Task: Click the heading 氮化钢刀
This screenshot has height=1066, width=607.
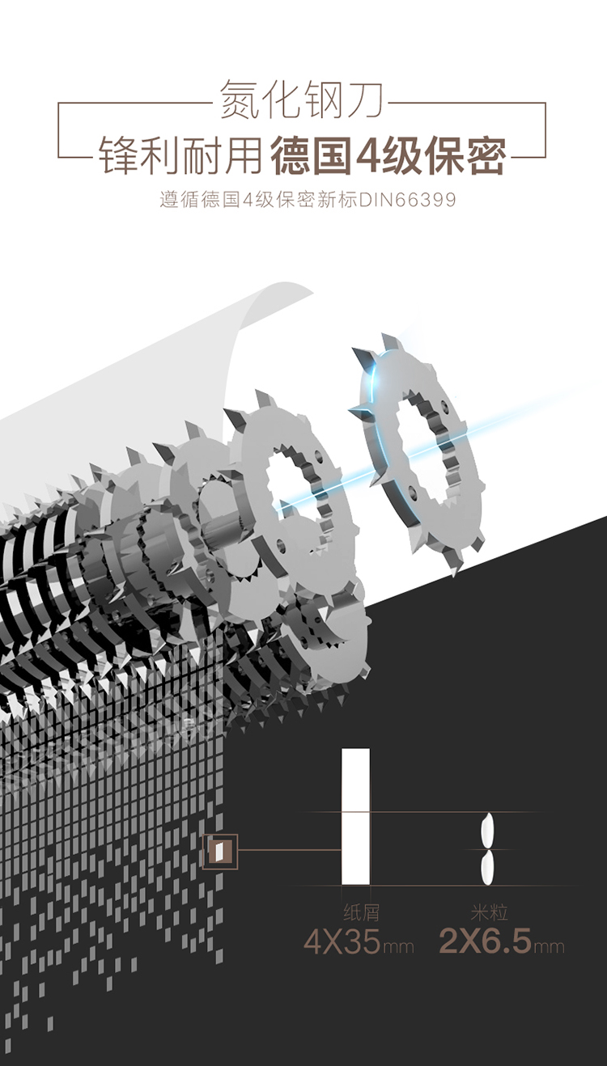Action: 302,99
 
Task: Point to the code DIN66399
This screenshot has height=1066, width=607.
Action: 408,200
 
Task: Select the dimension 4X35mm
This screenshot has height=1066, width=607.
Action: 359,941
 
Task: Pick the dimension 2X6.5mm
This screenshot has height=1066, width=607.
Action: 501,941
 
